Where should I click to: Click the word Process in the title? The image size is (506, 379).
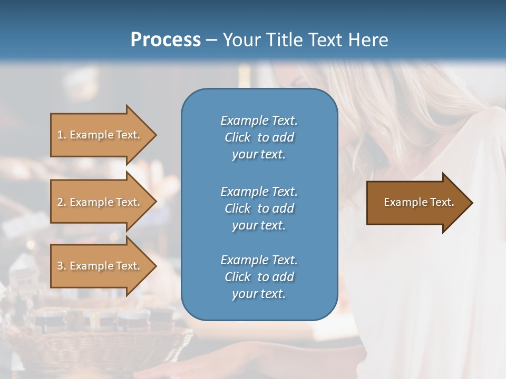(166, 40)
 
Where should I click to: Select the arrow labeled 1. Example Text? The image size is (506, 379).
(100, 135)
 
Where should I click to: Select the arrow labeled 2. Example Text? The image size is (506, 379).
(100, 202)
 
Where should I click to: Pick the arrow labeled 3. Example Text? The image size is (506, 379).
(100, 266)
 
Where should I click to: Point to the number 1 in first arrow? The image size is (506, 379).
(60, 135)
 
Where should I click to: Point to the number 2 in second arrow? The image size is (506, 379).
(60, 202)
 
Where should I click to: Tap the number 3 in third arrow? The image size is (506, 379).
(60, 266)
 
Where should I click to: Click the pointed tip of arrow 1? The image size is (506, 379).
(154, 135)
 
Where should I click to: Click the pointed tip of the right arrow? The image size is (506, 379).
(470, 203)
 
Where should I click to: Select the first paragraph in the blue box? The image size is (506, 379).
(259, 137)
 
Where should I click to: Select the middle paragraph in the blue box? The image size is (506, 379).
(259, 208)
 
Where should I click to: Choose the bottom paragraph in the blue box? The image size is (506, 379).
(259, 277)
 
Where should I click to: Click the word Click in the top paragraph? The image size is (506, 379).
(238, 137)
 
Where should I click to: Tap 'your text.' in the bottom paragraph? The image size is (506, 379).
(259, 294)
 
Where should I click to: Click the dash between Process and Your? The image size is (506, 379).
(211, 41)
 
